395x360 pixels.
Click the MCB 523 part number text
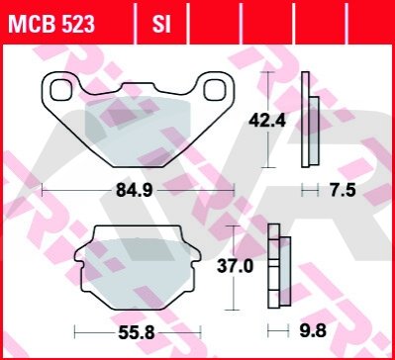(x=51, y=25)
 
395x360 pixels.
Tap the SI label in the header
(x=161, y=25)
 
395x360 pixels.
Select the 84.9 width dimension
(x=135, y=190)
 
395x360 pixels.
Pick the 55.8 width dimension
(x=137, y=332)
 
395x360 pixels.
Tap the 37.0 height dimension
(x=235, y=266)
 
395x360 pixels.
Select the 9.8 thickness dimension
(x=313, y=330)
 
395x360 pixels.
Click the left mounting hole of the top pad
(x=60, y=90)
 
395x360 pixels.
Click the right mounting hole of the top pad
(x=215, y=90)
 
